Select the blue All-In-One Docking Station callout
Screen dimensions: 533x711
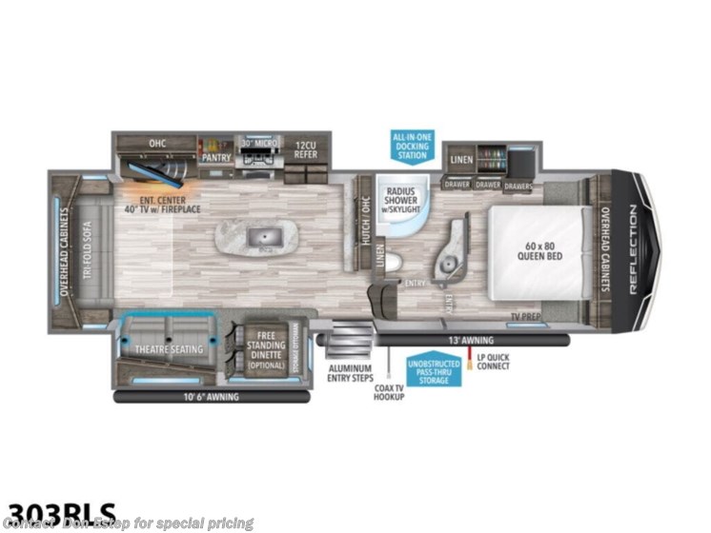click(412, 148)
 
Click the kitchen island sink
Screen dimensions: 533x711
click(254, 235)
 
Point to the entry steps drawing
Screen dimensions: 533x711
click(348, 339)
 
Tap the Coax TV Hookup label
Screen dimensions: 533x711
click(388, 390)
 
